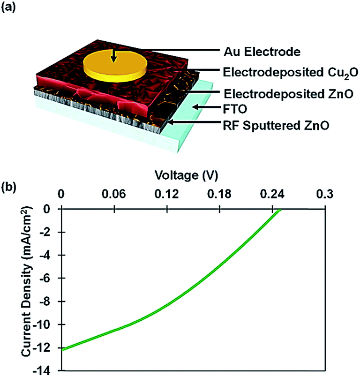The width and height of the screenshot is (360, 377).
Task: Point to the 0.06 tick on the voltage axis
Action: click(114, 194)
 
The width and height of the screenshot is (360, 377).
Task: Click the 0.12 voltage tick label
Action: click(167, 194)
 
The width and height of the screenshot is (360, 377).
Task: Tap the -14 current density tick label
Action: click(47, 370)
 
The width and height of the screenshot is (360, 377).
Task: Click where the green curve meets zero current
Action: click(279, 209)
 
